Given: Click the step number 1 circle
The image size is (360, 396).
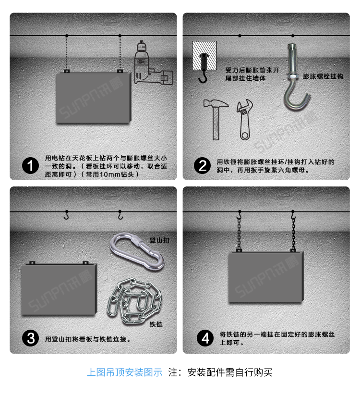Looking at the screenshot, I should pos(31,166).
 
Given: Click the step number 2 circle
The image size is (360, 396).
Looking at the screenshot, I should pos(203,166).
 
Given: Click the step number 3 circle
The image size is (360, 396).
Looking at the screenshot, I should pos(31,338).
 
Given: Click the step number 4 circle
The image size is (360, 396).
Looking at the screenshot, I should pos(206,338).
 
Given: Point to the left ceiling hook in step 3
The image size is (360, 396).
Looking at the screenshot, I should pos(67,215).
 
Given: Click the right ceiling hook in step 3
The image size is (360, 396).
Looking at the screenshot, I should pos(120,215).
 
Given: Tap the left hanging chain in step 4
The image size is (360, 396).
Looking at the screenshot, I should pos(239,233).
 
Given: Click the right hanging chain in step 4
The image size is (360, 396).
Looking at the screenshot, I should pos(292,233).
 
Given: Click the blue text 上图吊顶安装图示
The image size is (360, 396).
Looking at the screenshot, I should pos(125,372).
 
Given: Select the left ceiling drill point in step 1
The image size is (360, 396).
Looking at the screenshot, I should pos(67,36).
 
